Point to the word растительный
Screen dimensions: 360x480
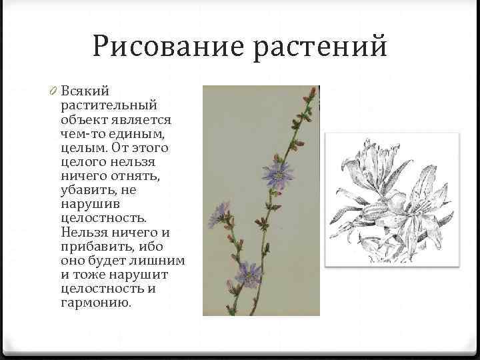tap(109, 105)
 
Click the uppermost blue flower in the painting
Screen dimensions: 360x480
tap(277, 172)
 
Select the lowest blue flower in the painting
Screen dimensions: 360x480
tap(249, 273)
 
